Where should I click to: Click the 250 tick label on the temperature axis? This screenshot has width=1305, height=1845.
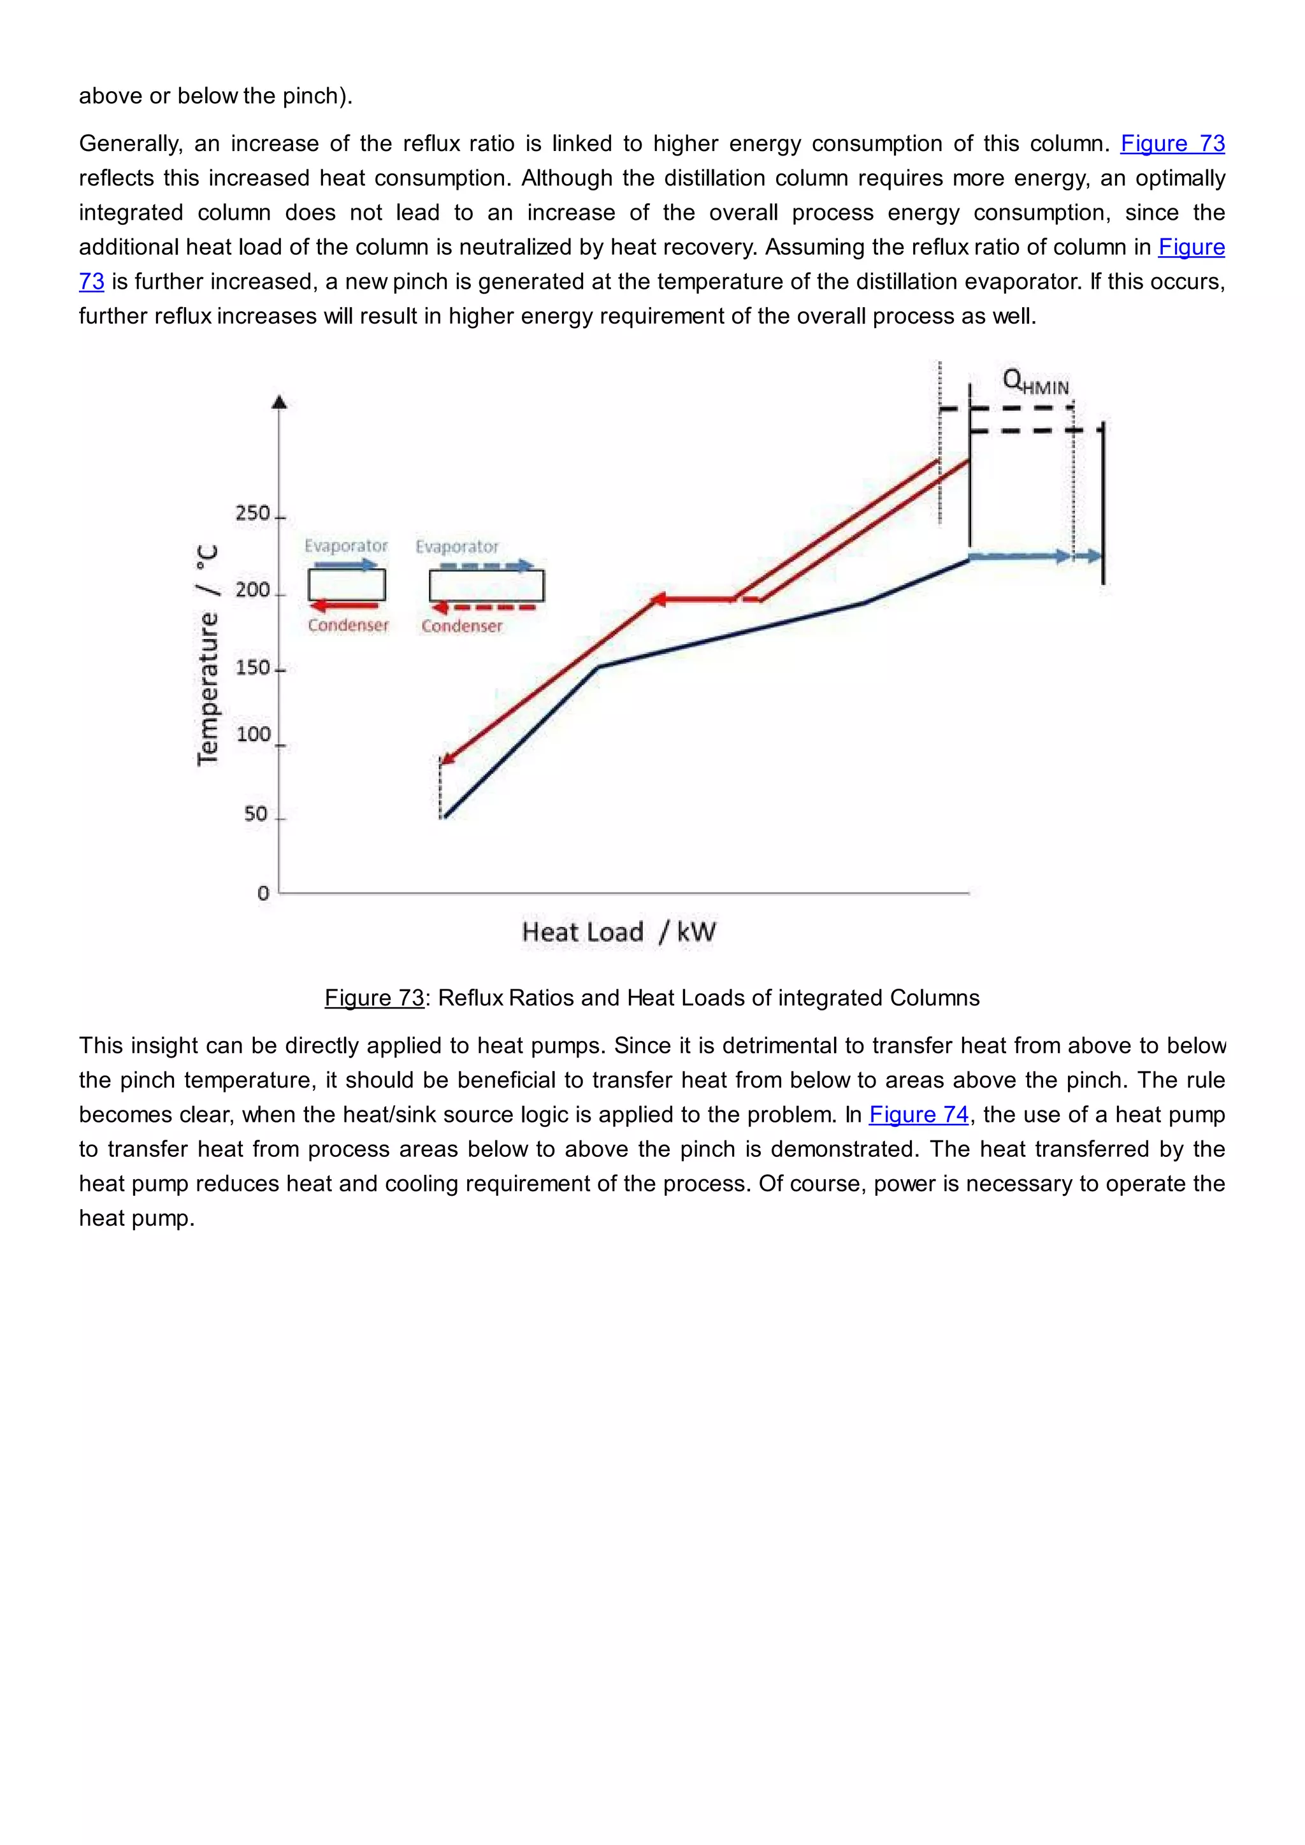tap(252, 513)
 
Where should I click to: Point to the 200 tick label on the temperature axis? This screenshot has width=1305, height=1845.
tap(252, 591)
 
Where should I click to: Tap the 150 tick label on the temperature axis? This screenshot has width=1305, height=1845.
tap(252, 668)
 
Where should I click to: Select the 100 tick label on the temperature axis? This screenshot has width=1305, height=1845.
tap(253, 735)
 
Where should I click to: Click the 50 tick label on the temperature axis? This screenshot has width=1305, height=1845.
tap(256, 814)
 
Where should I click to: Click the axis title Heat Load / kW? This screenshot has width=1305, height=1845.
tap(618, 932)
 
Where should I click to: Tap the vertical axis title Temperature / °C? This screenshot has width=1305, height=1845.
tap(207, 655)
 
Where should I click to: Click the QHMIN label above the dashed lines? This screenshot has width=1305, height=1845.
tap(1036, 382)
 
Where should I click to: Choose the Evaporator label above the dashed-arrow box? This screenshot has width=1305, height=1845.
tap(456, 547)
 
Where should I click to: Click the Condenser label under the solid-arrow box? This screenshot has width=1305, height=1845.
tap(348, 625)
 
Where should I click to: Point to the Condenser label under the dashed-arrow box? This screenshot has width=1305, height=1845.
tap(461, 626)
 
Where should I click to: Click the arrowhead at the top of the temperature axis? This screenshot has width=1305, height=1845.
tap(280, 402)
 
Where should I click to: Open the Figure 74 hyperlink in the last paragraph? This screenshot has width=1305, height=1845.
tap(918, 1114)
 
